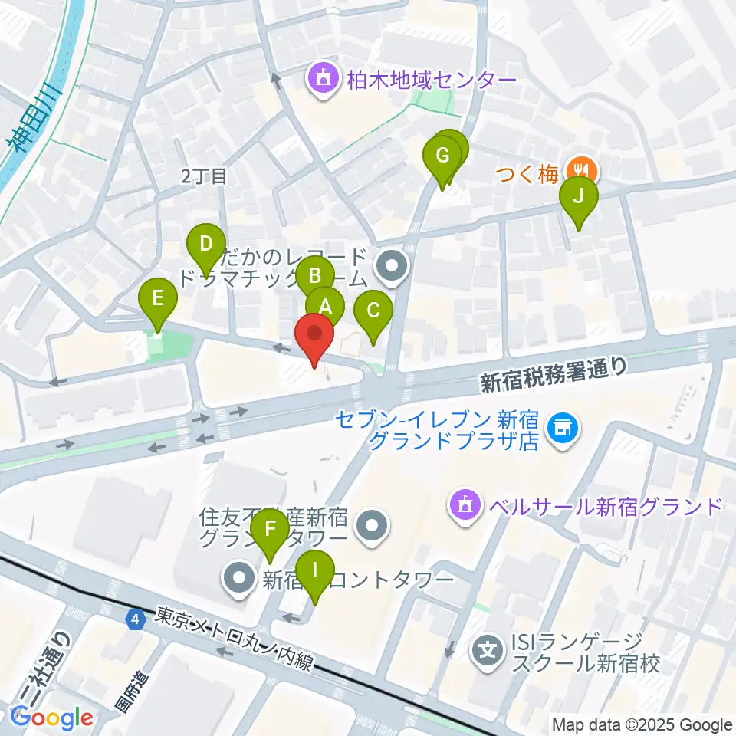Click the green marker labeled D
point(205,245)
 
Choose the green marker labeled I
point(314,571)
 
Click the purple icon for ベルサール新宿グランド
point(465,505)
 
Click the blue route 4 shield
point(136,618)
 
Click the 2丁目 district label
point(205,176)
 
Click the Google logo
point(52,718)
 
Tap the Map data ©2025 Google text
point(642,724)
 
